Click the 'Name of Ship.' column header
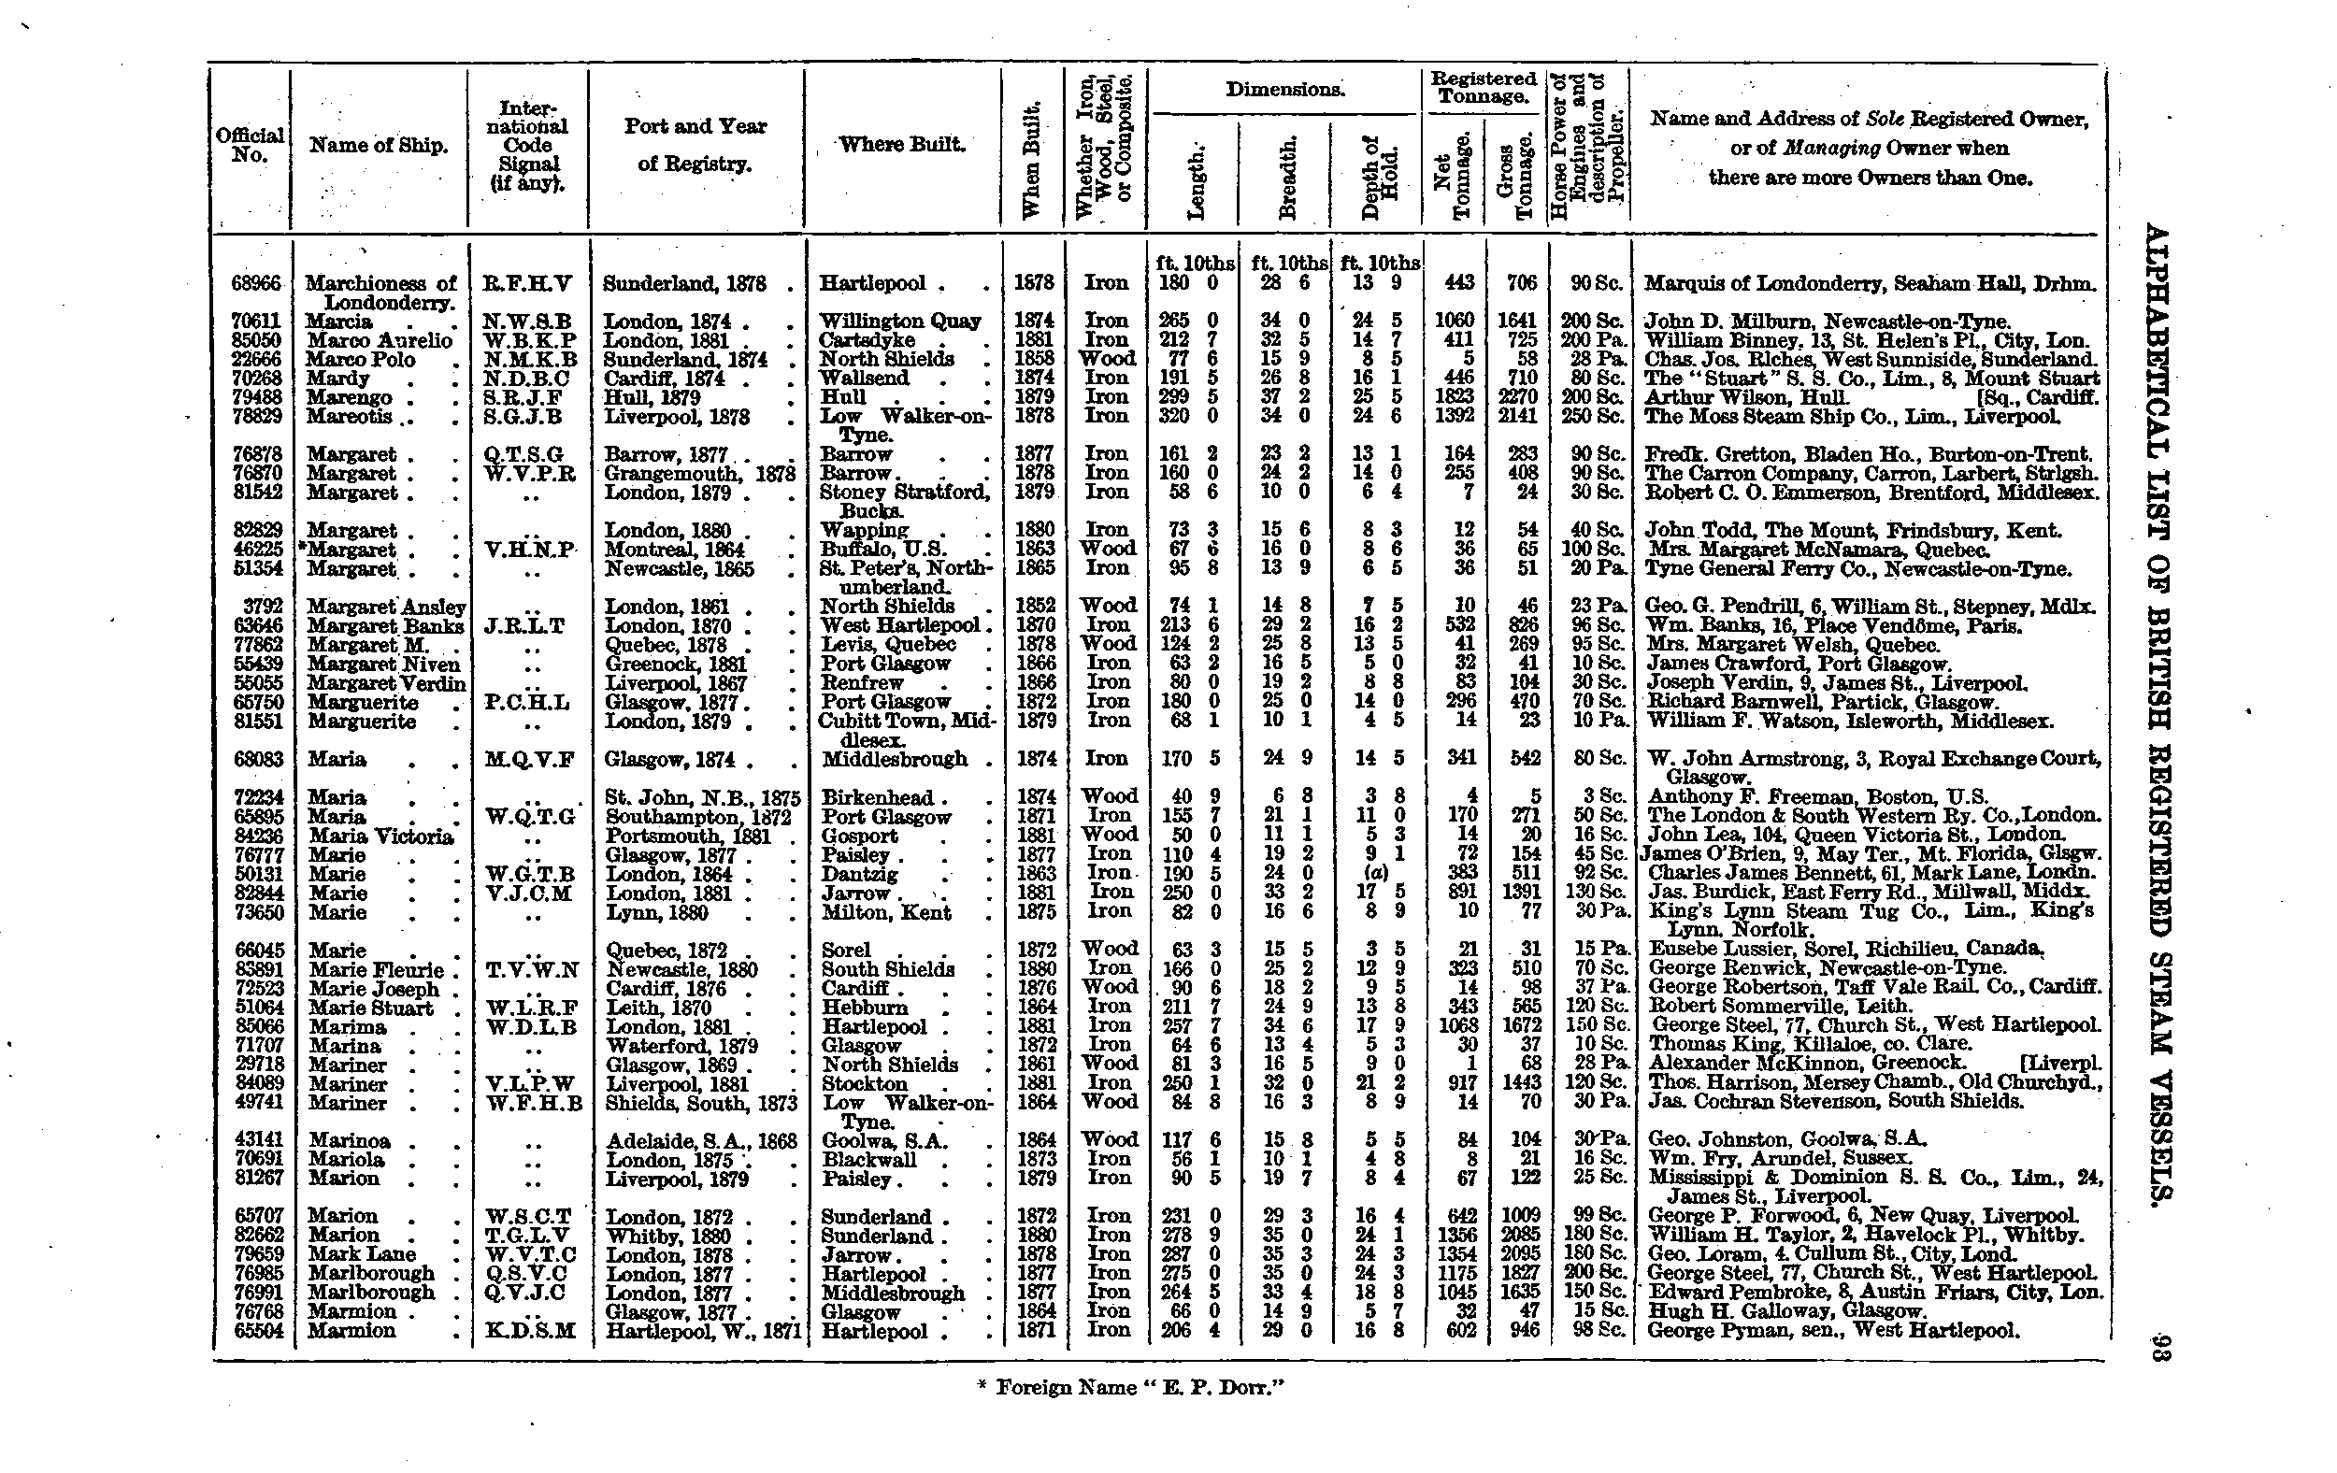coord(379,146)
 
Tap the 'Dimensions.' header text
coord(1285,91)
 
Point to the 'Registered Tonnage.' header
coord(1483,86)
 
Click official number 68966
coord(256,283)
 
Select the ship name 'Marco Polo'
coord(361,359)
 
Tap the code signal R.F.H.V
coord(528,283)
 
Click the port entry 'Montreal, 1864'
coord(675,550)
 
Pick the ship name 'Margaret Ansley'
coord(386,607)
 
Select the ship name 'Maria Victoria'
coord(381,836)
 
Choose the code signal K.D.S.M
coord(530,1330)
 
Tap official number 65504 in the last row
coord(258,1330)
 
